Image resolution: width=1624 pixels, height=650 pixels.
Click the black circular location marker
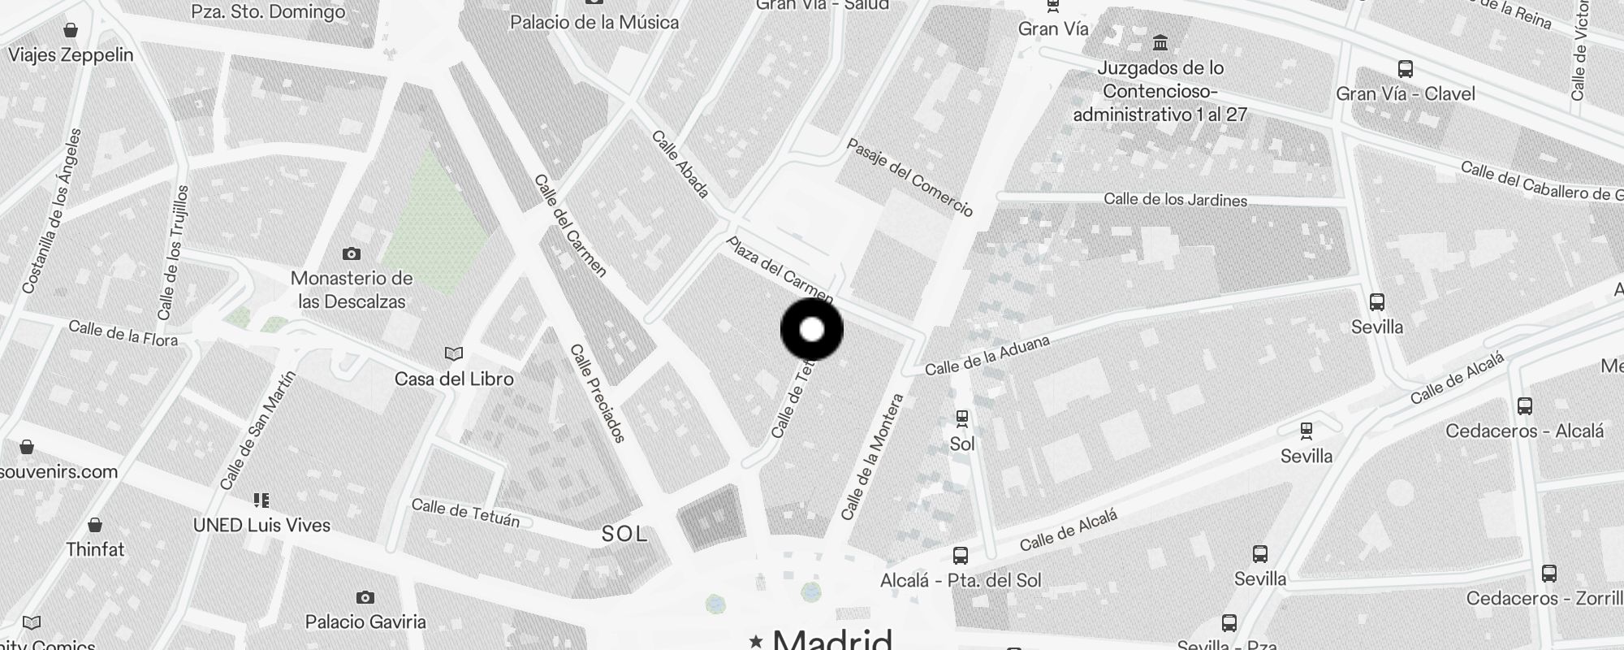pyautogui.click(x=812, y=329)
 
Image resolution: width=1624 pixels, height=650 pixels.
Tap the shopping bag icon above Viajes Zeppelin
pyautogui.click(x=71, y=31)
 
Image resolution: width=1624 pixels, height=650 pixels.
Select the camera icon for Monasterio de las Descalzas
pyautogui.click(x=351, y=253)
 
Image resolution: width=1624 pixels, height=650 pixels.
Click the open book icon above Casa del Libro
pyautogui.click(x=453, y=354)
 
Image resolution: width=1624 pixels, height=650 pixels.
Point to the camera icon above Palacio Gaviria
pyautogui.click(x=365, y=598)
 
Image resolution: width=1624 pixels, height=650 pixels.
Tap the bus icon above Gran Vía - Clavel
pyautogui.click(x=1406, y=69)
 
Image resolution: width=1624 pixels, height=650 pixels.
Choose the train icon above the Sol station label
pyautogui.click(x=962, y=418)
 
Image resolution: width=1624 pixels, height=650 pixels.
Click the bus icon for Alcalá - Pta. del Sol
pyautogui.click(x=961, y=556)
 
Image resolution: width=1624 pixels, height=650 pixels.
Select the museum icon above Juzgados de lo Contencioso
pyautogui.click(x=1160, y=42)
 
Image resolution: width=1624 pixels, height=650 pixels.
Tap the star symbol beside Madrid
pyautogui.click(x=756, y=641)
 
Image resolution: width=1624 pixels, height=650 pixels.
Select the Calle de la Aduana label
pyautogui.click(x=987, y=356)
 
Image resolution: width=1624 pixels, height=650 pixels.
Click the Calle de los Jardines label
pyautogui.click(x=1175, y=200)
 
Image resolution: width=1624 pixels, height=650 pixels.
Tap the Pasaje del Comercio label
pyautogui.click(x=909, y=177)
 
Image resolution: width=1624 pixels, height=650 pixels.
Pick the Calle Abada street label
pyautogui.click(x=680, y=164)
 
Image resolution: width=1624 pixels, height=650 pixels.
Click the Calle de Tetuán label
pyautogui.click(x=465, y=513)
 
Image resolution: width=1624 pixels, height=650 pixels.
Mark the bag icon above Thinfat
pyautogui.click(x=95, y=525)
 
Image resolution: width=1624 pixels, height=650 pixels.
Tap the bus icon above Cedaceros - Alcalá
pyautogui.click(x=1525, y=406)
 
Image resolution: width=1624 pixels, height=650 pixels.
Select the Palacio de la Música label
pyautogui.click(x=594, y=22)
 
